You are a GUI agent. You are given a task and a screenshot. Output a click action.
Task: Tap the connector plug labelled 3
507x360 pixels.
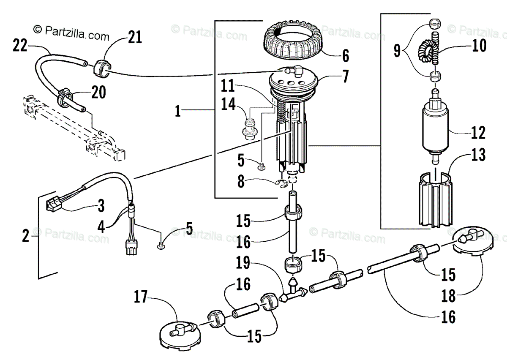[54, 205]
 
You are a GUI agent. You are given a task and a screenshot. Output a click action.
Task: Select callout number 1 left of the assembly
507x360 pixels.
[178, 111]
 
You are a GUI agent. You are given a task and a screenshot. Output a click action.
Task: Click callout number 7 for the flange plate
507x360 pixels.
[345, 76]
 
